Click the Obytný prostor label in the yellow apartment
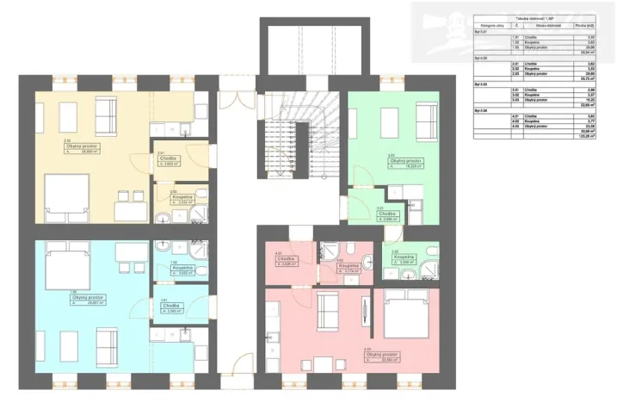tap(79, 146)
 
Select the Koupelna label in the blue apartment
tap(182, 268)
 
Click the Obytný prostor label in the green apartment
tap(404, 160)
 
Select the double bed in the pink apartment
tap(405, 307)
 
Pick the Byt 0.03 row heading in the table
tap(482, 84)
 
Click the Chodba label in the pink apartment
tap(287, 259)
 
